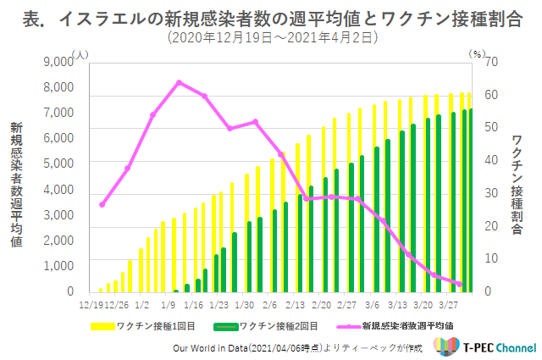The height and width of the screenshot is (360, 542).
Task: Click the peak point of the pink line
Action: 179,83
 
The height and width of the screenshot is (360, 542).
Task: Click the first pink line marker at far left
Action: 102,205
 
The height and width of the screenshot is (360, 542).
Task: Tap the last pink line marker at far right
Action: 459,285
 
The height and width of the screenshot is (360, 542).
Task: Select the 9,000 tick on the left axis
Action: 58,62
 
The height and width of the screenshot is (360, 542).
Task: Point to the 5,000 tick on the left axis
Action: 58,163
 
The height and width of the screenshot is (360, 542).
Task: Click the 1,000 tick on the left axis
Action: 58,266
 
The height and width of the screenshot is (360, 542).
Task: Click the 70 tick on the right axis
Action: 491,62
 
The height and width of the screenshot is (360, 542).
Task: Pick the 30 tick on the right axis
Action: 491,193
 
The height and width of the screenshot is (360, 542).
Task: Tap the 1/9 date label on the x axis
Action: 168,305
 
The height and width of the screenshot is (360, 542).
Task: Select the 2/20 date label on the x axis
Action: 321,305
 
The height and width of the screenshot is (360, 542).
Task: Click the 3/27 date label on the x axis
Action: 448,305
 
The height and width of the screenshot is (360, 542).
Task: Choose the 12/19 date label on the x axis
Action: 91,305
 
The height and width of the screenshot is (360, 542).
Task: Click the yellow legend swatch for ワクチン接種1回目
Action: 102,326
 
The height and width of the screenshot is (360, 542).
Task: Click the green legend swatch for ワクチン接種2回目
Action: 226,326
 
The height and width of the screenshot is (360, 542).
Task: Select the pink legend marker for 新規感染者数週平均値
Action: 349,326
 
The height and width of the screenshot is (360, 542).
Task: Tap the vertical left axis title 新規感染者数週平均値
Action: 16,185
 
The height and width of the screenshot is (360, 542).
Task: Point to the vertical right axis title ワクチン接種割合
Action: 517,185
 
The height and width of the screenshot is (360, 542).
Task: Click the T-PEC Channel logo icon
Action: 446,346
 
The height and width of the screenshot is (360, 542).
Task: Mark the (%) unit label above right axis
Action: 477,54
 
